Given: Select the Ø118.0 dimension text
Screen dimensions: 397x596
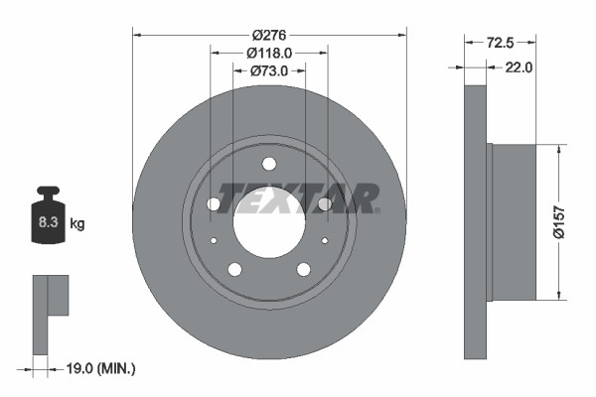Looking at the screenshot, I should click(x=268, y=53).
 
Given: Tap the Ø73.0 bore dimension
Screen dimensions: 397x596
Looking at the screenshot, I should click(x=268, y=70).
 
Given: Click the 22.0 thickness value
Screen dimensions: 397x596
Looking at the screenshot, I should click(x=520, y=67).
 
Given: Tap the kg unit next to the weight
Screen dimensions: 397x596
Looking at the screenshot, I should click(x=77, y=224).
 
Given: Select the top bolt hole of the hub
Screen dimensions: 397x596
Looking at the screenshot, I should click(x=269, y=164).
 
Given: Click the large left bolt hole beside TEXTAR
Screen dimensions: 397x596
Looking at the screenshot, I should click(x=214, y=203).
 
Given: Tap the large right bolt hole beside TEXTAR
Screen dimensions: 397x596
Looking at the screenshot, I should click(x=324, y=203).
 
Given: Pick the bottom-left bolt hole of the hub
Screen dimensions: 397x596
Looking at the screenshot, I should click(x=234, y=269).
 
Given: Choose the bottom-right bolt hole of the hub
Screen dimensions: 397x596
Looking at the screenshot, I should click(x=303, y=269).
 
